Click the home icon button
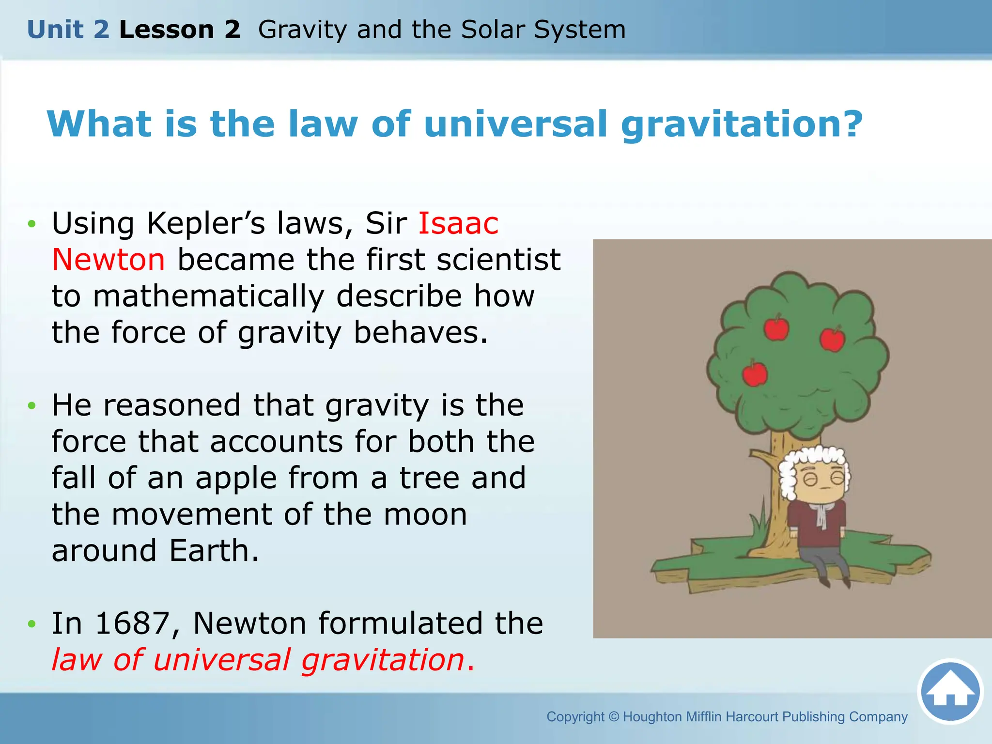coord(950,691)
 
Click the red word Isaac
coord(458,224)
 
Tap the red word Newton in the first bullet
coord(108,260)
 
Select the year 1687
coord(132,623)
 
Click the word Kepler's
coord(206,224)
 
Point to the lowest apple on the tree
coord(755,373)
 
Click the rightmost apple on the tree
coord(832,339)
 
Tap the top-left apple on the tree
coord(776,328)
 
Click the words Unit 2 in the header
coord(68,30)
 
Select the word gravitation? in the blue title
coord(741,124)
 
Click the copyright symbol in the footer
coord(614,717)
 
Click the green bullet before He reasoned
coord(32,405)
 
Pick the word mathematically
coord(208,296)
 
